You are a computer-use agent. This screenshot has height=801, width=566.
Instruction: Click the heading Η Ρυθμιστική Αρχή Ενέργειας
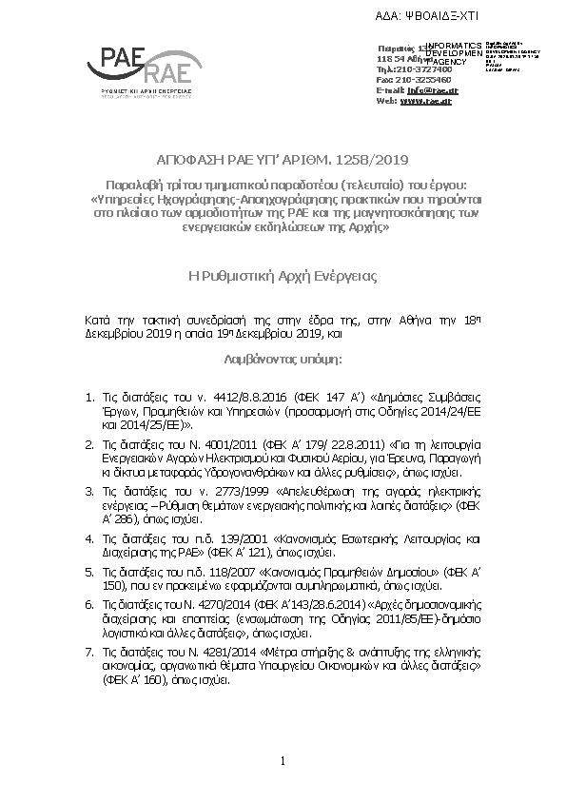pyautogui.click(x=283, y=277)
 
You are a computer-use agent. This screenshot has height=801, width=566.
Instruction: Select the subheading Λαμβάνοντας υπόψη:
pyautogui.click(x=283, y=361)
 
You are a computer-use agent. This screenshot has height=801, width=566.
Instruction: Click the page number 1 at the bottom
pyautogui.click(x=283, y=761)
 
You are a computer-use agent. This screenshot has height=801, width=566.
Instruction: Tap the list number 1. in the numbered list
pyautogui.click(x=88, y=393)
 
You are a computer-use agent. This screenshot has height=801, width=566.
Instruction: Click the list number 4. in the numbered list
pyautogui.click(x=88, y=538)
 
